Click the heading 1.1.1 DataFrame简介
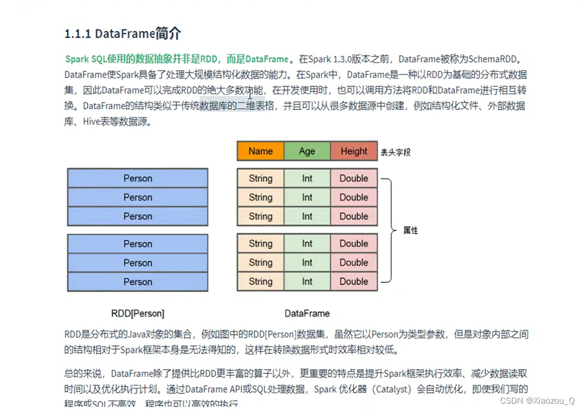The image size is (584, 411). [122, 33]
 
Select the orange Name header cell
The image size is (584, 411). [260, 151]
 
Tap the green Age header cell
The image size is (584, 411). [307, 151]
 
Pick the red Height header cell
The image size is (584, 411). [354, 151]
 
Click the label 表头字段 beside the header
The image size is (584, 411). [395, 152]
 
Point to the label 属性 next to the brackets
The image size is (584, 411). [411, 231]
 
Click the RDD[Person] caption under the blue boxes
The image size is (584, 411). [137, 314]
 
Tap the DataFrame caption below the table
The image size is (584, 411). [307, 314]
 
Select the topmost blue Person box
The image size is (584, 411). [137, 178]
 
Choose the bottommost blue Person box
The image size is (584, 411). [137, 281]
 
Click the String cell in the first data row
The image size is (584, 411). [260, 178]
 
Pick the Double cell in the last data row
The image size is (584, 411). [354, 281]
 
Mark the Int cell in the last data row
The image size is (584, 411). [307, 281]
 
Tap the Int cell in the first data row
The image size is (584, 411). [307, 178]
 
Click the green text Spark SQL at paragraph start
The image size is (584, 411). [86, 59]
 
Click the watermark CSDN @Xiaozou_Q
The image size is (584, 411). [537, 401]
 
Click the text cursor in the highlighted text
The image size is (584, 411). [250, 94]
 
